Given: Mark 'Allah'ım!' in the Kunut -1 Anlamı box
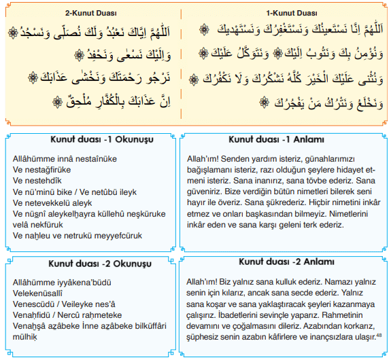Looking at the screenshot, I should click(x=202, y=159).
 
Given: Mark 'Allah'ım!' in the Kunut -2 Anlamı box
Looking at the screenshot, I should click(x=202, y=281).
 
